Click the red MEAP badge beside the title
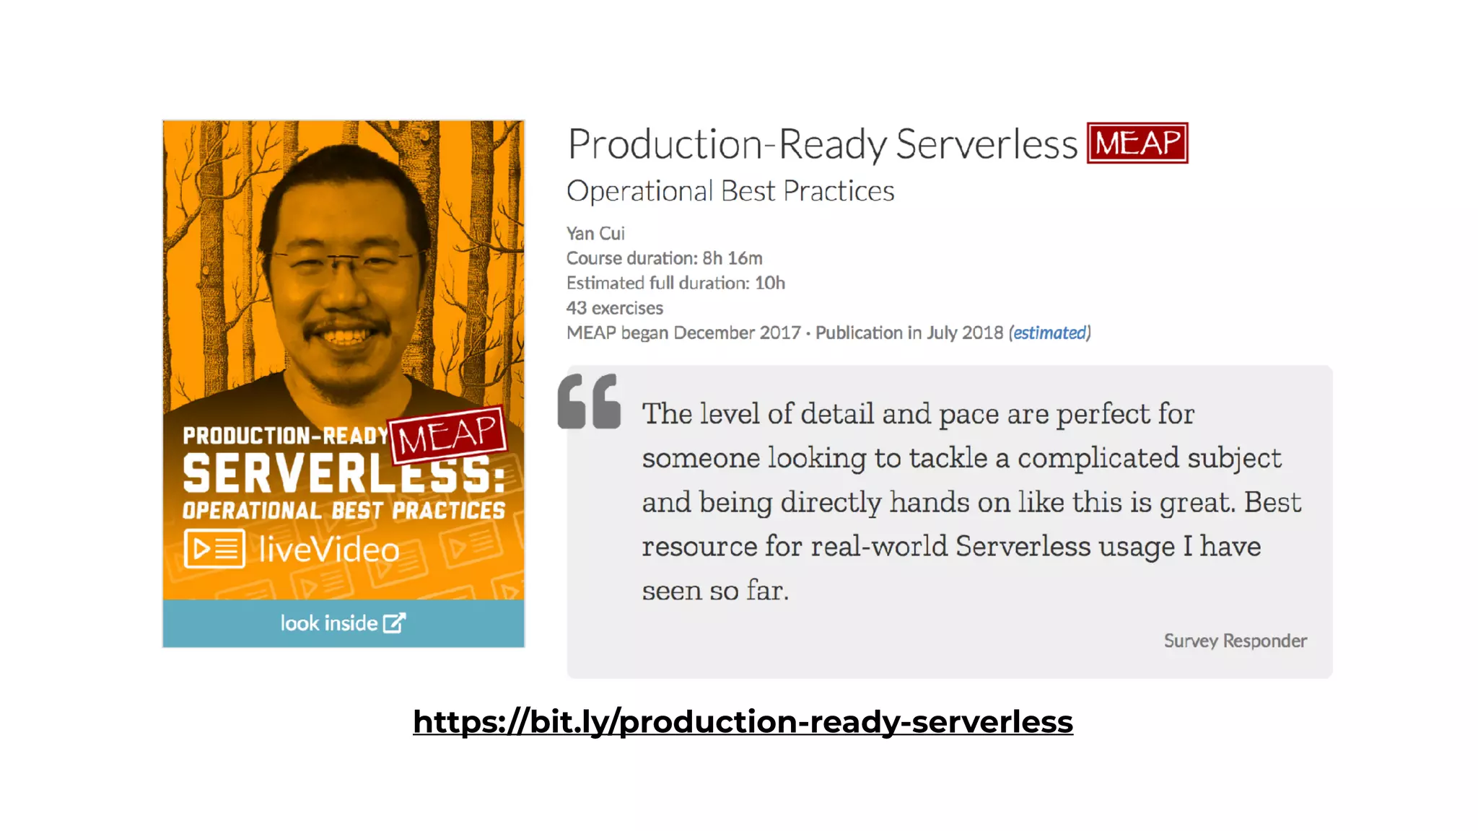pyautogui.click(x=1137, y=143)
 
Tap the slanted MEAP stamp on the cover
pyautogui.click(x=448, y=435)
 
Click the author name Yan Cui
pyautogui.click(x=595, y=234)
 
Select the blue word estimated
pyautogui.click(x=1049, y=333)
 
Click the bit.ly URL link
pyautogui.click(x=743, y=721)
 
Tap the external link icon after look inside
pyautogui.click(x=394, y=623)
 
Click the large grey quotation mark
pyautogui.click(x=589, y=402)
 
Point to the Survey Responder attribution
pyautogui.click(x=1235, y=641)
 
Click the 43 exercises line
pyautogui.click(x=614, y=308)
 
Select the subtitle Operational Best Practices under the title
pyautogui.click(x=730, y=191)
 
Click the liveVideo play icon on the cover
pyautogui.click(x=214, y=549)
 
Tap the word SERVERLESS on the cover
pyautogui.click(x=339, y=474)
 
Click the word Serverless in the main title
pyautogui.click(x=986, y=144)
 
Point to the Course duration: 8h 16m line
pyautogui.click(x=664, y=258)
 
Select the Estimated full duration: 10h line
pyautogui.click(x=675, y=283)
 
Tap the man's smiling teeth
pyautogui.click(x=346, y=336)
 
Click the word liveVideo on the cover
pyautogui.click(x=329, y=550)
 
